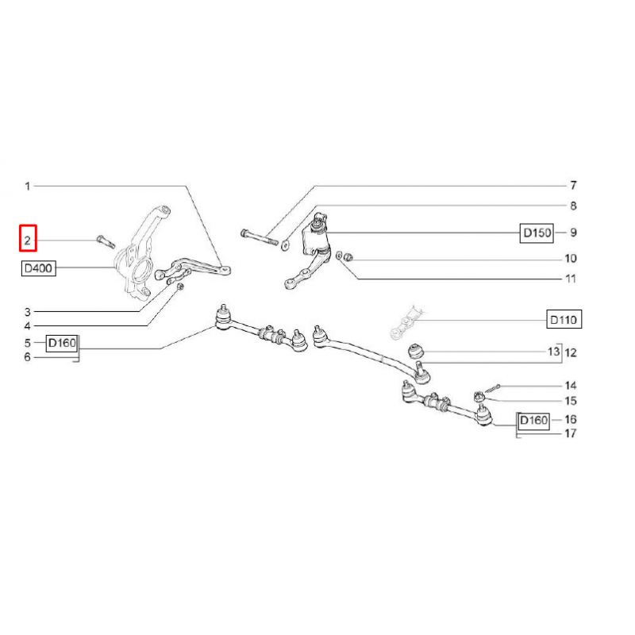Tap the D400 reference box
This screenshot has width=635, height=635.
(x=38, y=268)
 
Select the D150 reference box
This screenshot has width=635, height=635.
(x=537, y=233)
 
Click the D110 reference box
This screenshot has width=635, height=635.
(x=564, y=320)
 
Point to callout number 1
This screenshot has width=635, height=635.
(x=28, y=187)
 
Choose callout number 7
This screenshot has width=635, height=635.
(x=573, y=186)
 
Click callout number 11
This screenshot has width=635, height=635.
(x=571, y=279)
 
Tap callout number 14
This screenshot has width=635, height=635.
(x=571, y=386)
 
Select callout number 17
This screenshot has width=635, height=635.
(x=571, y=433)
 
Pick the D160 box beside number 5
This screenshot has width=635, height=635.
(x=62, y=343)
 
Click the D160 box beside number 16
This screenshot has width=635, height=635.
(x=533, y=421)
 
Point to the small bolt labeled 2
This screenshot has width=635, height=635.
(x=106, y=242)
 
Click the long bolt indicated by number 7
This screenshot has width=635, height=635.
(x=260, y=237)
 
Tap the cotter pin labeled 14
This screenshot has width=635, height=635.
(x=492, y=389)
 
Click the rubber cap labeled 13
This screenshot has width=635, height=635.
(x=415, y=351)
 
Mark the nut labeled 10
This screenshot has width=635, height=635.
(x=348, y=256)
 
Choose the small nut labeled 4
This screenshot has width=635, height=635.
(x=181, y=287)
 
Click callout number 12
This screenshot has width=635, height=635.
(x=571, y=352)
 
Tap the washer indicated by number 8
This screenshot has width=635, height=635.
(x=284, y=244)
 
